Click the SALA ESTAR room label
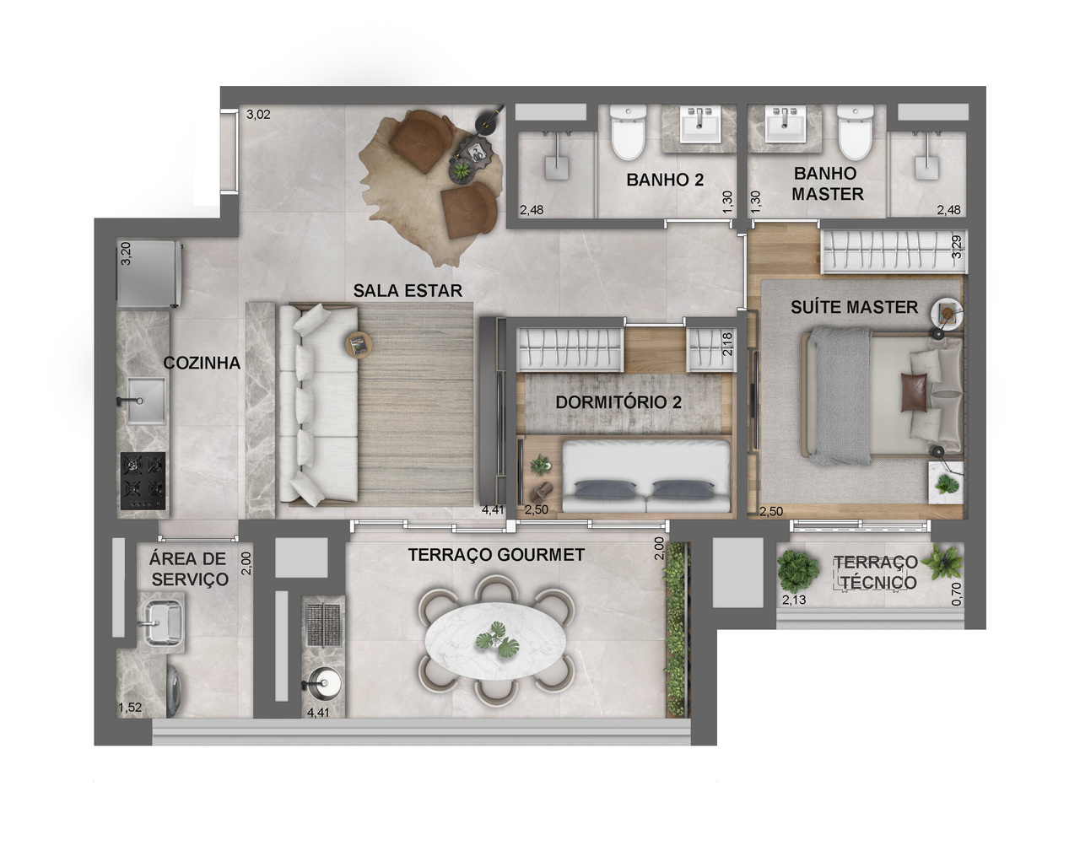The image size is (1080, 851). pyautogui.click(x=408, y=291)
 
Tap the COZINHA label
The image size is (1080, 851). pyautogui.click(x=202, y=364)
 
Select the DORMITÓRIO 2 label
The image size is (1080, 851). pyautogui.click(x=618, y=402)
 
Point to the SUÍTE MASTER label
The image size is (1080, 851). pyautogui.click(x=854, y=307)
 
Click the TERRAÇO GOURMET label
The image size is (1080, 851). pyautogui.click(x=496, y=555)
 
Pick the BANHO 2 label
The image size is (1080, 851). pyautogui.click(x=665, y=180)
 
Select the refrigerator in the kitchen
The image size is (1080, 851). pyautogui.click(x=149, y=274)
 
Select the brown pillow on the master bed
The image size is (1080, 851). pyautogui.click(x=914, y=393)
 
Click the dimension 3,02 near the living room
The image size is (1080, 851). pyautogui.click(x=258, y=115)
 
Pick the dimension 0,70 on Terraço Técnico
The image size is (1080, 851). pyautogui.click(x=956, y=594)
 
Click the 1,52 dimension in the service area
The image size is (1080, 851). pyautogui.click(x=130, y=708)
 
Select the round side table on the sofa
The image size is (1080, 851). pyautogui.click(x=358, y=344)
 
